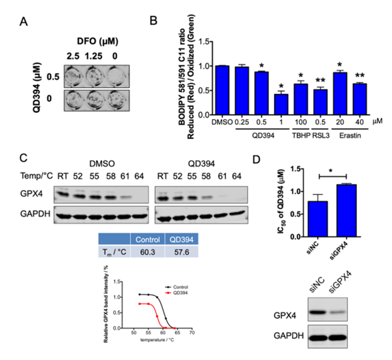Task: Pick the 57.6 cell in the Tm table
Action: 181,251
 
